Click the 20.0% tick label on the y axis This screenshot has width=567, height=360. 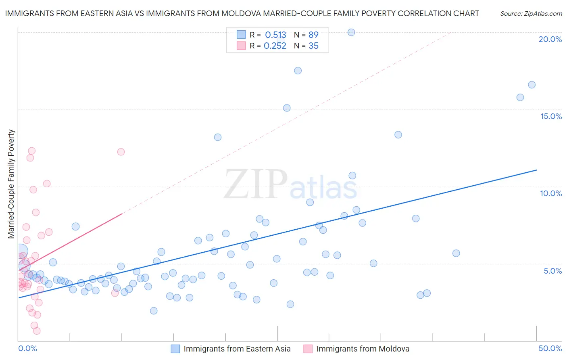(x=550, y=39)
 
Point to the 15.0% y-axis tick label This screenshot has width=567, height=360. (x=551, y=116)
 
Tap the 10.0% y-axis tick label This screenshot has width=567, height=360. (x=551, y=193)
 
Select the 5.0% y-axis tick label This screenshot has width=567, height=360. (x=552, y=271)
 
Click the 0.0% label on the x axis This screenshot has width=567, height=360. (x=27, y=348)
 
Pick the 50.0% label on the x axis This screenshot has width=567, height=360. (x=550, y=348)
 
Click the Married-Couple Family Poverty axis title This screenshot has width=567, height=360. (x=11, y=184)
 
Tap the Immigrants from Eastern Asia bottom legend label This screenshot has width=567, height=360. (x=237, y=349)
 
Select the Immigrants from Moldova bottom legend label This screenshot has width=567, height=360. (x=363, y=349)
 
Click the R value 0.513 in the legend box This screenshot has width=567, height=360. (x=275, y=35)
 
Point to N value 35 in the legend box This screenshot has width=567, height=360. (x=313, y=46)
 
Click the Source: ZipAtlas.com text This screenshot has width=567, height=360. (x=531, y=13)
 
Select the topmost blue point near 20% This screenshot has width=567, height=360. (x=351, y=32)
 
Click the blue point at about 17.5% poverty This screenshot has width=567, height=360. (x=298, y=71)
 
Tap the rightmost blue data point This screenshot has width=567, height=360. (x=532, y=85)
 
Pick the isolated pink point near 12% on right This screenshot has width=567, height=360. (x=121, y=152)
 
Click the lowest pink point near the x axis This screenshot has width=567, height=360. (x=37, y=331)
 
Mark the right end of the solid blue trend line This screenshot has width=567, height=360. (x=536, y=170)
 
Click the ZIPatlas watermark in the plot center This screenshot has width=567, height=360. (x=290, y=184)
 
